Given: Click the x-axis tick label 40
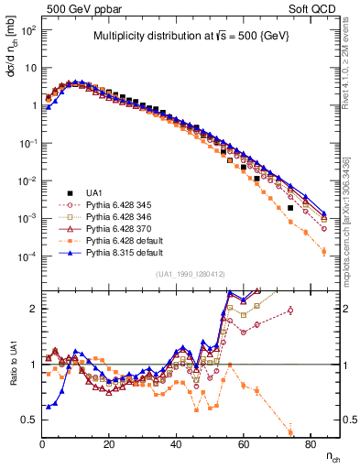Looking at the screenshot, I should pyautogui.click(x=176, y=443).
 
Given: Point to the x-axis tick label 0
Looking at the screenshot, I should pyautogui.click(x=42, y=443).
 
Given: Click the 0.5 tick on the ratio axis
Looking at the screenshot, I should pyautogui.click(x=31, y=420).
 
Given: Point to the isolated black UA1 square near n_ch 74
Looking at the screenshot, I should pyautogui.click(x=290, y=208).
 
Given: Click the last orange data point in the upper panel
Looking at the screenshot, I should pyautogui.click(x=323, y=251).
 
